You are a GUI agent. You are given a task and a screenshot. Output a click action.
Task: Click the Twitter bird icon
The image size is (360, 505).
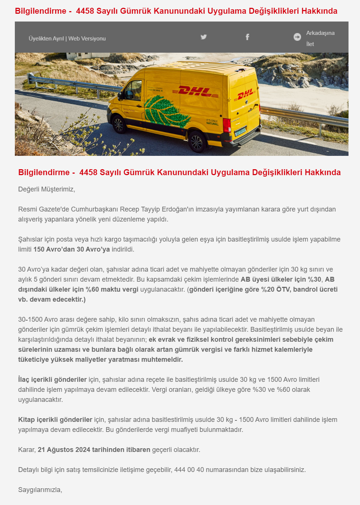coord(204,37)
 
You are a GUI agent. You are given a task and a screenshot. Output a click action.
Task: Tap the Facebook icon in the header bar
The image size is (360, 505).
coord(247,37)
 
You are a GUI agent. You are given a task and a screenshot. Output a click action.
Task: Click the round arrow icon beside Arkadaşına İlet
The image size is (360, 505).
coord(297,37)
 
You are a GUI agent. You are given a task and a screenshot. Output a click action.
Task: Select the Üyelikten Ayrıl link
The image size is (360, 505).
coord(46,39)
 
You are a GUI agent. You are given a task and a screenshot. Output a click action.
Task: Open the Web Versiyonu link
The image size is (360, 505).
coord(87,39)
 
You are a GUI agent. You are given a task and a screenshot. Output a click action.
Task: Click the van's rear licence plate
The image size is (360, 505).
coord(240,132)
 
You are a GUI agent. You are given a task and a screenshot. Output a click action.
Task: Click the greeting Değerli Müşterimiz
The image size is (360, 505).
coord(47,189)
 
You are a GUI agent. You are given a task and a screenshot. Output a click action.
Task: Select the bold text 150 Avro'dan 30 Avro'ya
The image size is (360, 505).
coord(72,249)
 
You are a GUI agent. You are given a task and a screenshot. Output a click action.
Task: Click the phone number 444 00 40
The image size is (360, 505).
coord(189,470)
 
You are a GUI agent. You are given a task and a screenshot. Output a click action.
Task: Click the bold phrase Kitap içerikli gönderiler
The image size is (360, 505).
coord(55,420)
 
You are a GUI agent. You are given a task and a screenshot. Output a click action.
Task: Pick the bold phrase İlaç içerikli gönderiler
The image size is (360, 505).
coord(52,380)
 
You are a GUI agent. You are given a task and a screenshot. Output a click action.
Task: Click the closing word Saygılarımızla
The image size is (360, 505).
coord(40,490)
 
